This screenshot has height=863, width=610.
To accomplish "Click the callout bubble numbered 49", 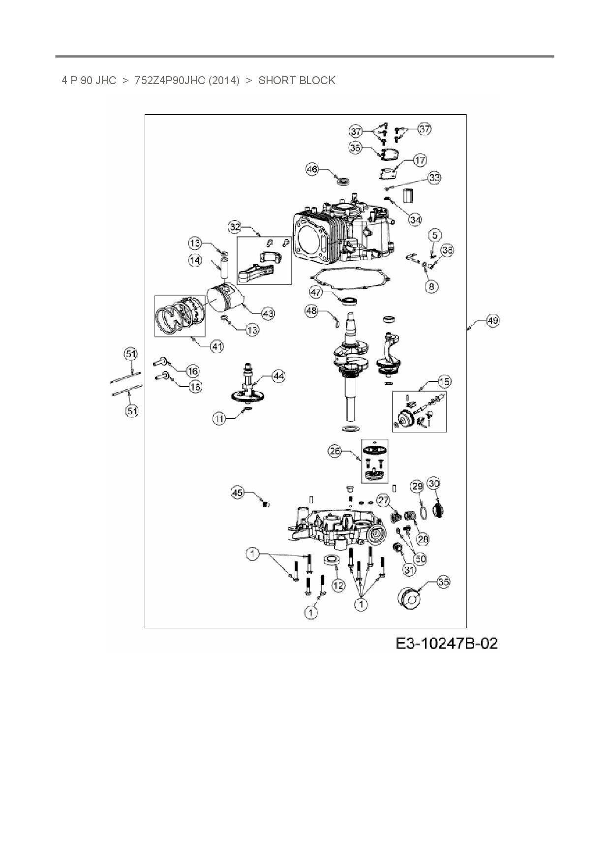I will click(492, 321).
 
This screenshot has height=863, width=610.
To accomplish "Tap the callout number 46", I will click(312, 169).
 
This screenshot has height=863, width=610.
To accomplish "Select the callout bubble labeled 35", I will click(443, 582).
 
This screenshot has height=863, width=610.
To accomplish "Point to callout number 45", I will click(238, 493).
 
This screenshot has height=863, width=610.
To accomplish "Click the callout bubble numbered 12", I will click(338, 586).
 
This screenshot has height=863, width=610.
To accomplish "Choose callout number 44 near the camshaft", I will click(278, 376).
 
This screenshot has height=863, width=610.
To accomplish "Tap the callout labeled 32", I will click(235, 227).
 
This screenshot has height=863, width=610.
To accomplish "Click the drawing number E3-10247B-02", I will click(447, 643).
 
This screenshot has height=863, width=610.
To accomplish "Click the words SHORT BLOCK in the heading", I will click(297, 80).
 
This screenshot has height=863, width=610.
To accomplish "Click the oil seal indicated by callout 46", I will click(342, 181).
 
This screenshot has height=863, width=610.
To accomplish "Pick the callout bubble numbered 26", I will click(335, 452).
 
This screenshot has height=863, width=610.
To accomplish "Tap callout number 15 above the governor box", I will click(444, 381).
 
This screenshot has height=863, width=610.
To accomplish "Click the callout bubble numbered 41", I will click(217, 346).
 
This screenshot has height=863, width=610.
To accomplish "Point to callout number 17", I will click(420, 160).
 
